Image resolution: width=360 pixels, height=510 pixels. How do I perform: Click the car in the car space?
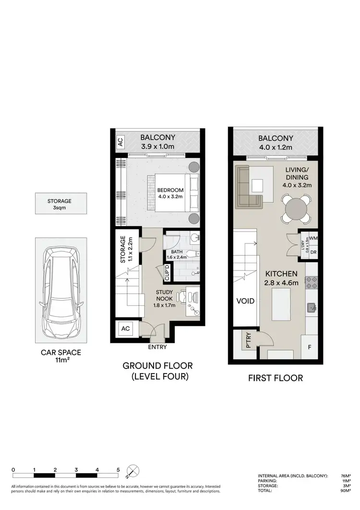point(60,293)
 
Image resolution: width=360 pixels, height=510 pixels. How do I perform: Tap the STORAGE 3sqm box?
point(60,204)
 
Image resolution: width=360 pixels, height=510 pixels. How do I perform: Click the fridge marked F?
point(310,346)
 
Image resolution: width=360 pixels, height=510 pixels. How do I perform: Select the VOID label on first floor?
point(245,302)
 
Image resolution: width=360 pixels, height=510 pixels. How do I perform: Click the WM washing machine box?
point(313,238)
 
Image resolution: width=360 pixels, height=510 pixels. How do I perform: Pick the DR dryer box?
point(313,252)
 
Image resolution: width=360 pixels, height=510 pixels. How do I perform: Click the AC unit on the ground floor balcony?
point(120,142)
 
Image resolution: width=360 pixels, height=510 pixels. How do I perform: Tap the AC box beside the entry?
point(126,329)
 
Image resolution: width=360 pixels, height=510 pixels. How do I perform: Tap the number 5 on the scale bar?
point(118,470)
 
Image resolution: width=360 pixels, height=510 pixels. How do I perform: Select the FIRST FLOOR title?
point(275,378)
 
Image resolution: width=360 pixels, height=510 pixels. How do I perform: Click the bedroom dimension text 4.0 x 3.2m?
point(170,196)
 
